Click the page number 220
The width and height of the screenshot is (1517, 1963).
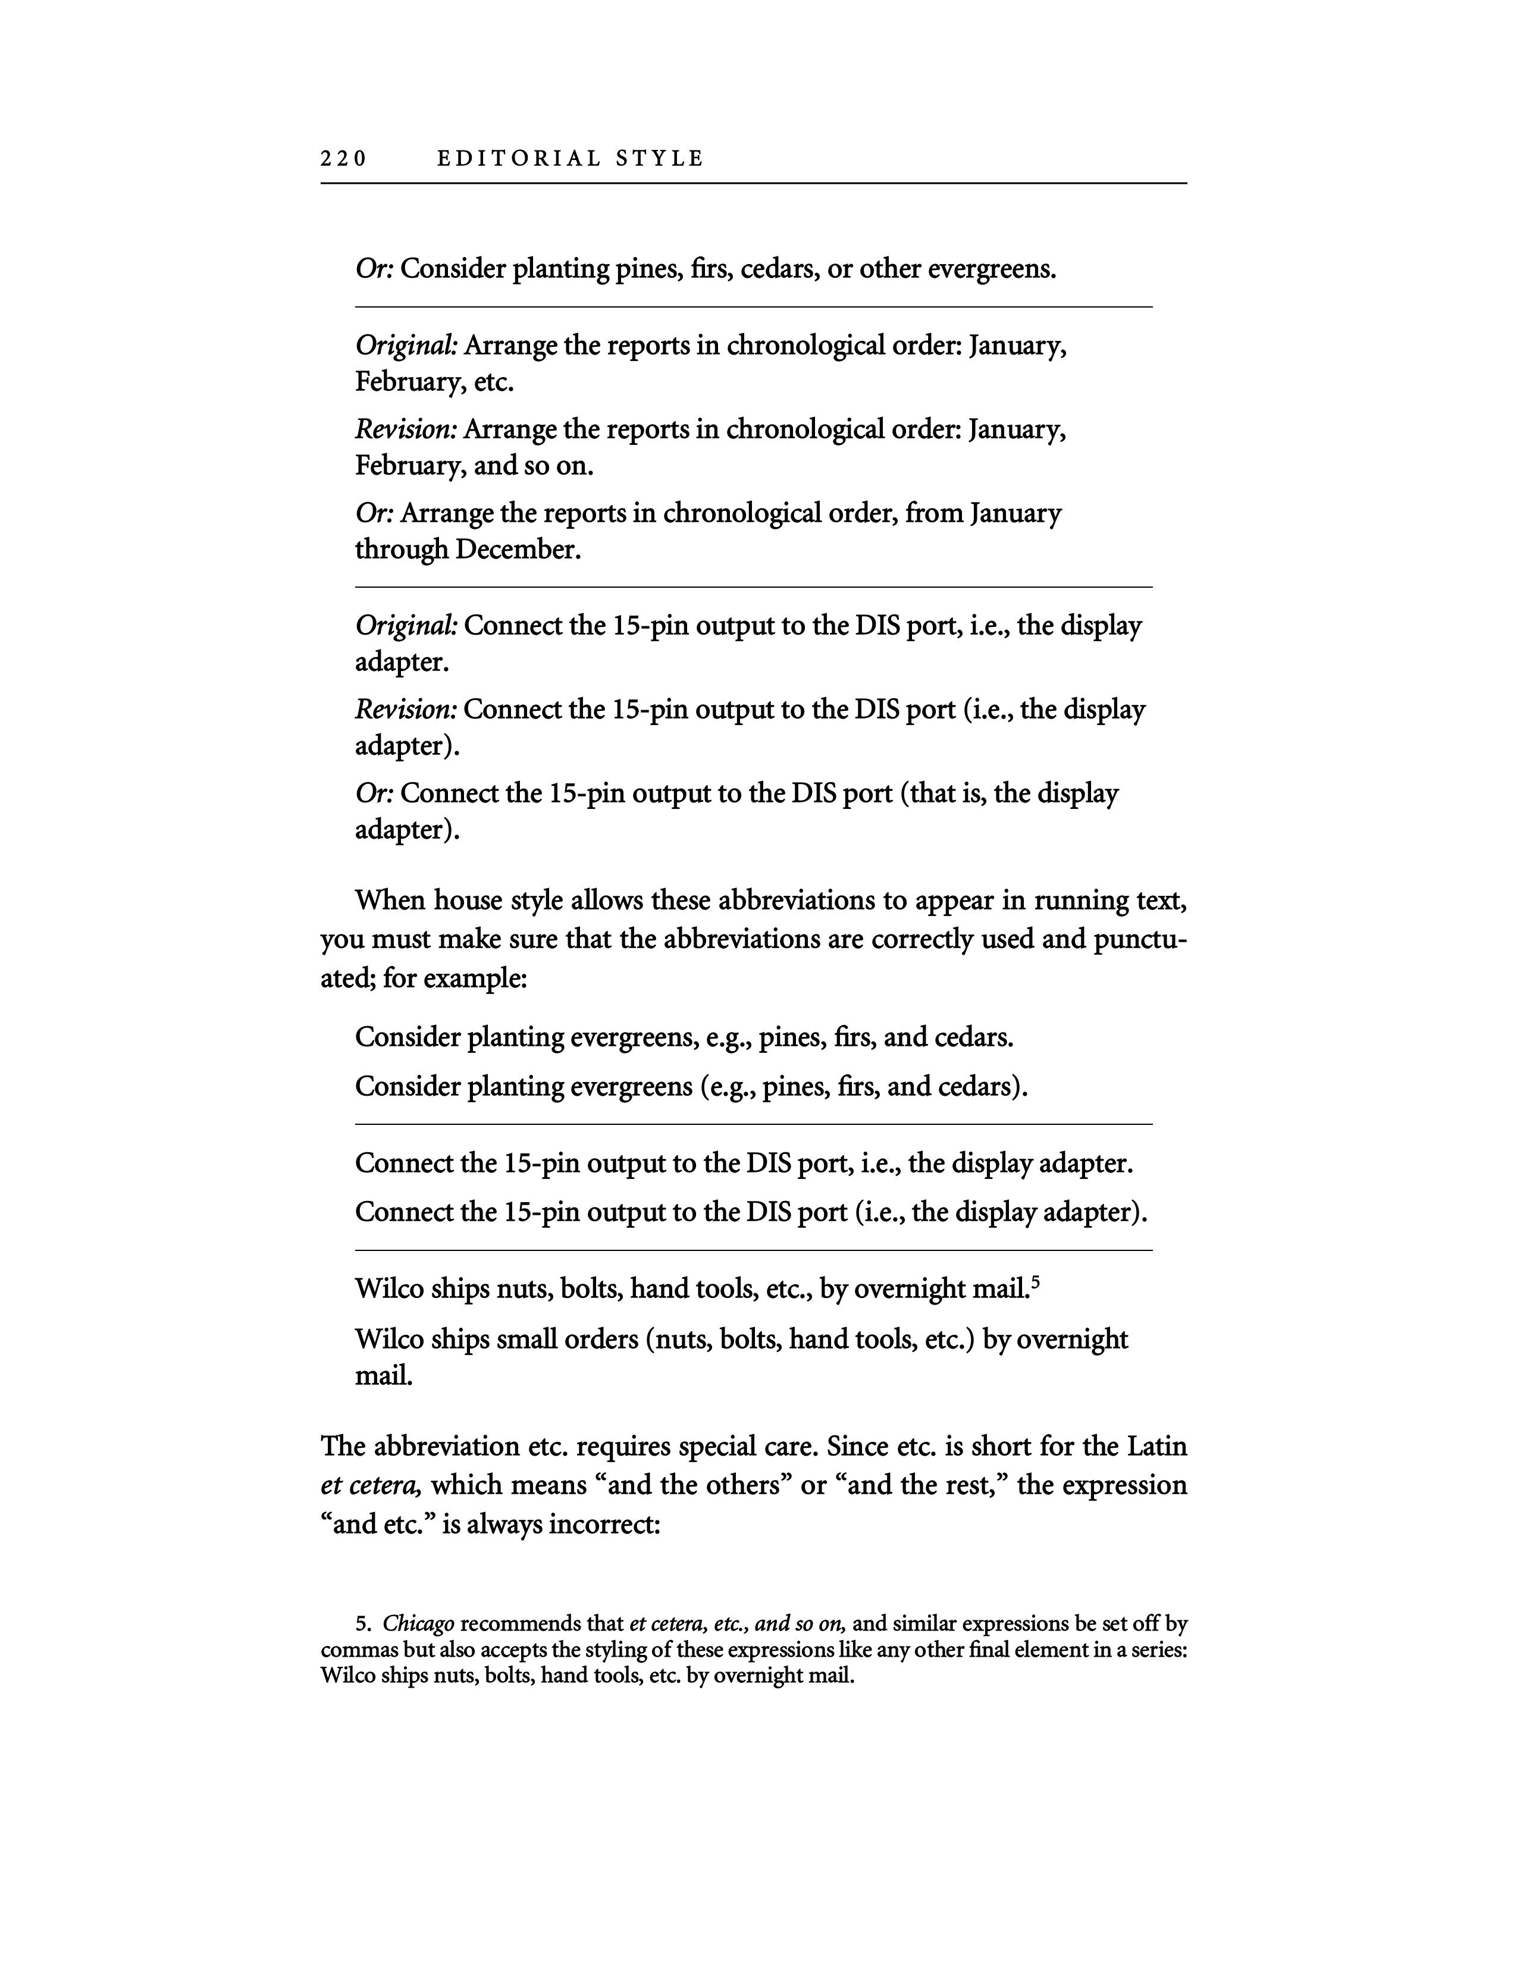pos(343,159)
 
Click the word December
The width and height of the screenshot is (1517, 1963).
pos(518,549)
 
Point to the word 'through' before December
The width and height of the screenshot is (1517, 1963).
pos(401,549)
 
